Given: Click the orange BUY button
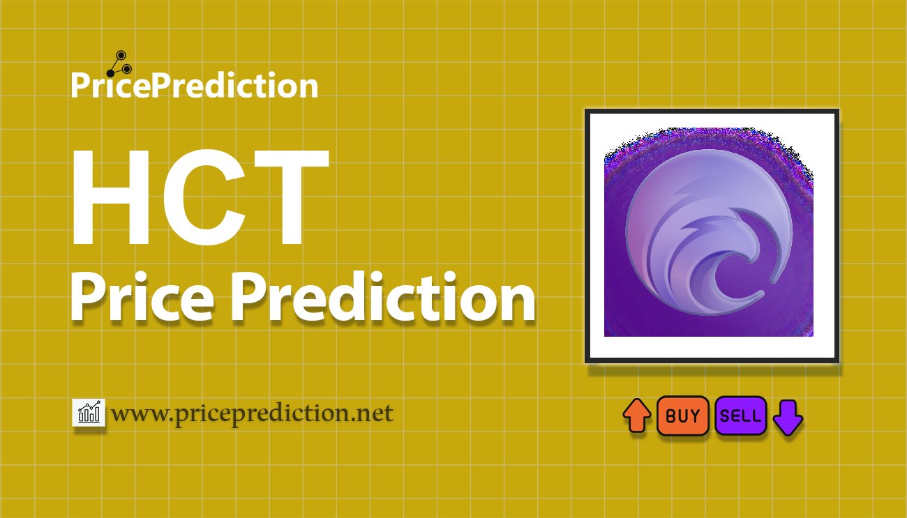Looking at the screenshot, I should [x=682, y=416].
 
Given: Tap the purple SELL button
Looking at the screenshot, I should [x=740, y=416].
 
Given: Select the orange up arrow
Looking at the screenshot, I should [x=636, y=416].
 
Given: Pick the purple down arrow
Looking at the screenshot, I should [x=788, y=417].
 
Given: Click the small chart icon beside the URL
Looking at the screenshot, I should [x=89, y=413].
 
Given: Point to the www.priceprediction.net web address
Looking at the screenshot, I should [x=253, y=413].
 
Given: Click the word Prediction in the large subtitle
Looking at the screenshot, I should [x=382, y=298].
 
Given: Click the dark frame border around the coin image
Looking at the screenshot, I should [x=587, y=236].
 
